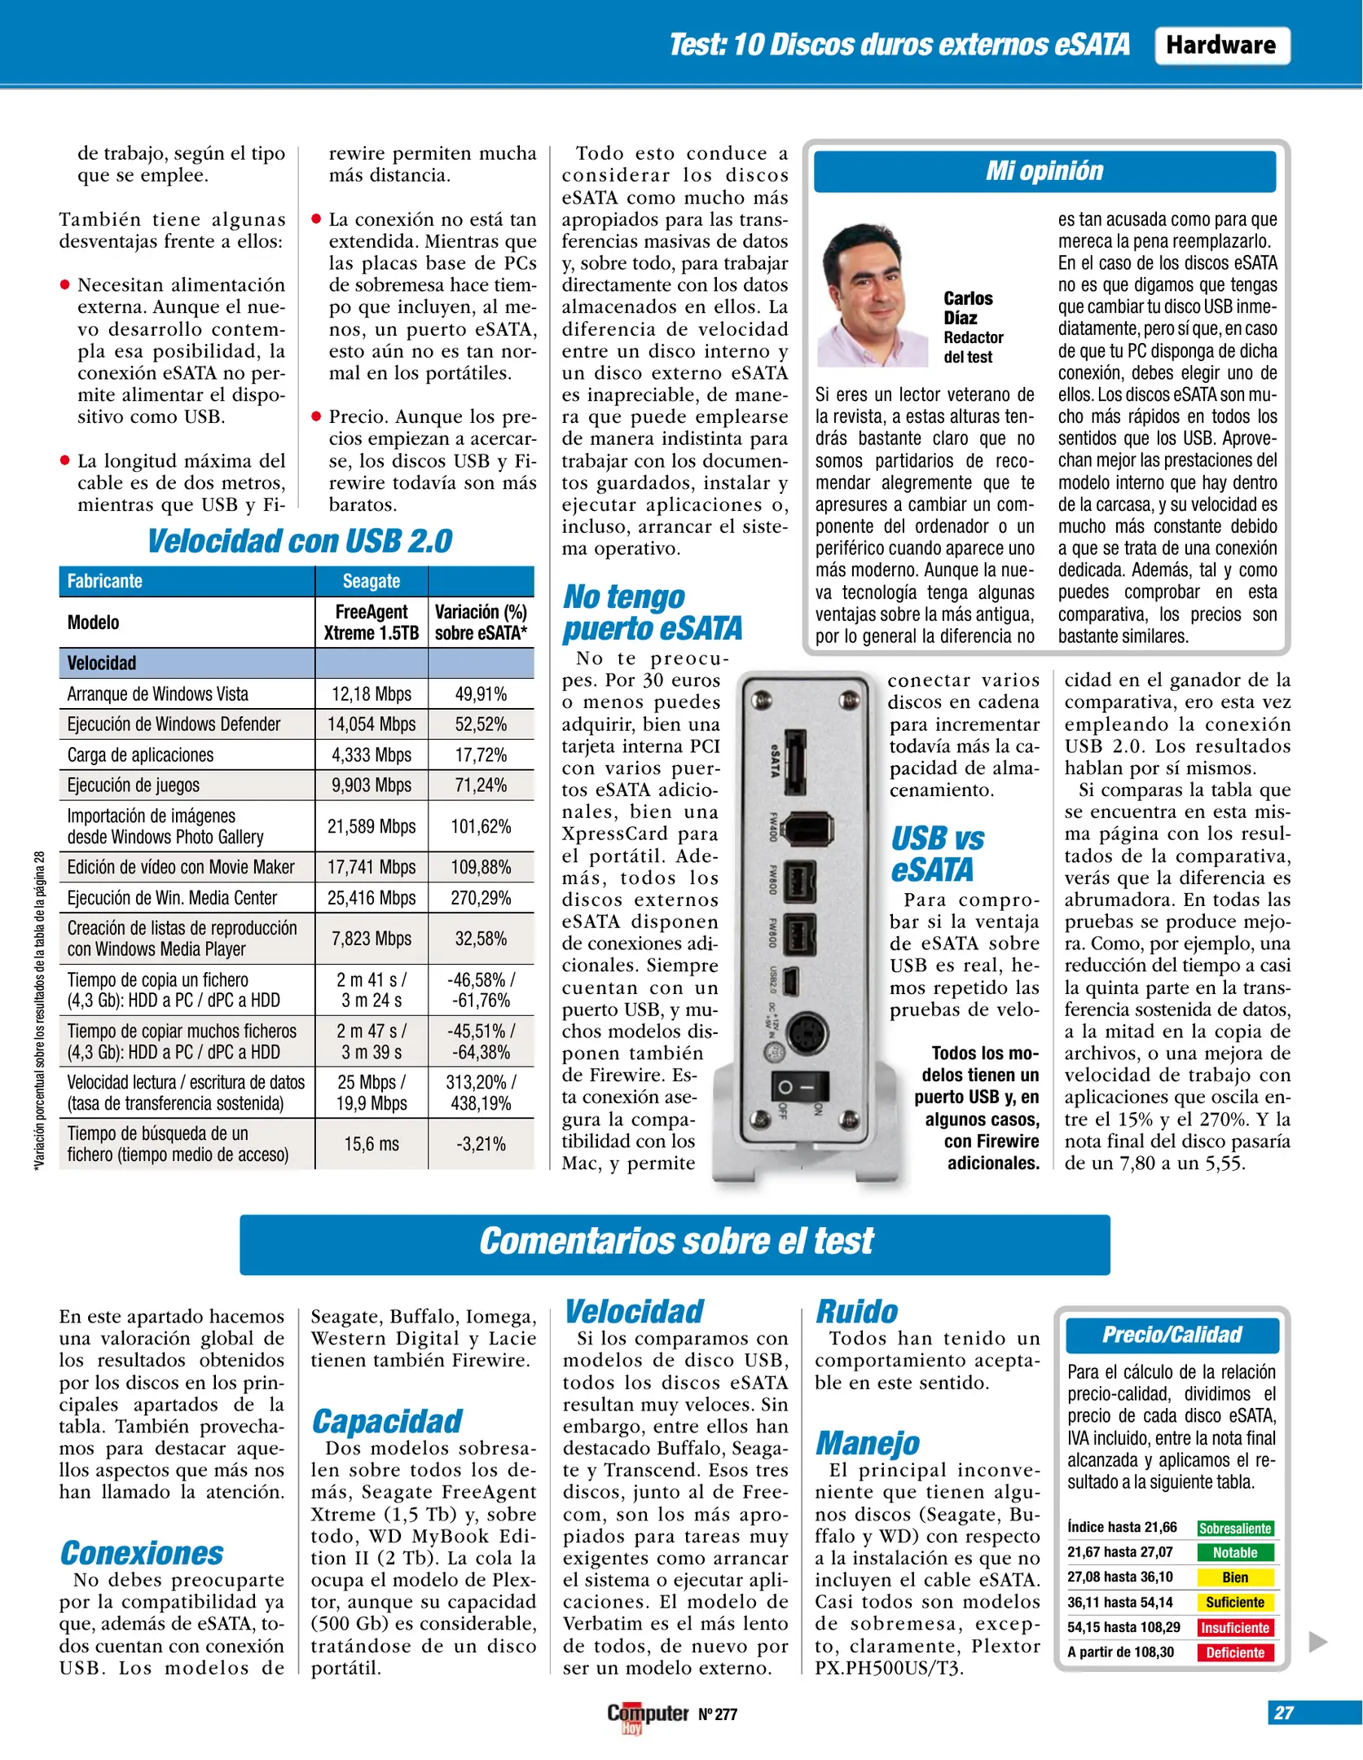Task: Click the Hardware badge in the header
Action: click(1221, 46)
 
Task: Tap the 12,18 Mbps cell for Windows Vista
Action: click(371, 694)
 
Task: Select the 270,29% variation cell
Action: click(481, 898)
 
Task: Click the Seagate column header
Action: click(371, 581)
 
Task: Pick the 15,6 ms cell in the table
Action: click(371, 1144)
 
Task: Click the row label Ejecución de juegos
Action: click(134, 785)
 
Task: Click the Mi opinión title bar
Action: click(1044, 171)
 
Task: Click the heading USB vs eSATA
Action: click(937, 854)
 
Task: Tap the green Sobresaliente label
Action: click(1234, 1529)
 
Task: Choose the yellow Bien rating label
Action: click(1234, 1577)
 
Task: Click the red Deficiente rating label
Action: click(1234, 1652)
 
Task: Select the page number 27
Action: click(1284, 1713)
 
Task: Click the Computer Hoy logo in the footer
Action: click(647, 1716)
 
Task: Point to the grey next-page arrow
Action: click(1317, 1641)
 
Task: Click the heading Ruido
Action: click(857, 1312)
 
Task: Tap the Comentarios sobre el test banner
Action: click(675, 1242)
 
